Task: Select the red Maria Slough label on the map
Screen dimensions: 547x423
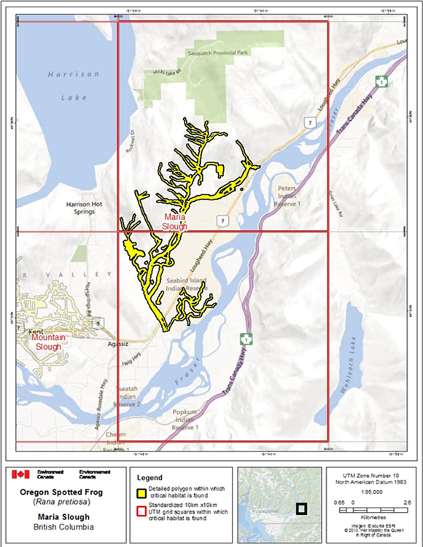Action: click(175, 221)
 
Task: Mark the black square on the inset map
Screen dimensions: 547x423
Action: click(301, 509)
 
